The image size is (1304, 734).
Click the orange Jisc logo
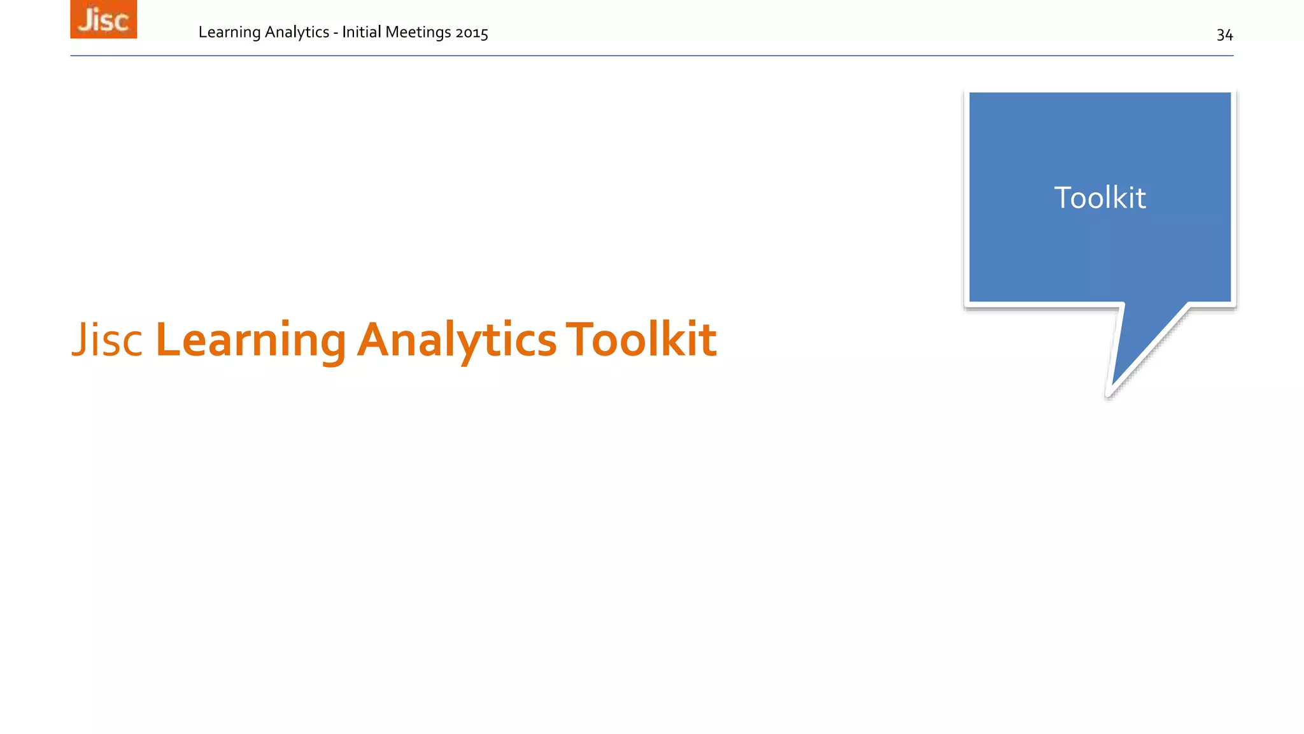(x=103, y=19)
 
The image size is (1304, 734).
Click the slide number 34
(x=1224, y=35)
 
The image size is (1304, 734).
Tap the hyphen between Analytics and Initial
(x=336, y=33)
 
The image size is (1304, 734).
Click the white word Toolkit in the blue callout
(x=1100, y=198)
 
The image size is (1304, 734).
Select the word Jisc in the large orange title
(x=107, y=340)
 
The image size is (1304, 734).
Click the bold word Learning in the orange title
(x=250, y=340)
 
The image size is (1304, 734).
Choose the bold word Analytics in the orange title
(x=457, y=340)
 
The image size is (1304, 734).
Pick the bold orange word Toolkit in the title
(x=641, y=340)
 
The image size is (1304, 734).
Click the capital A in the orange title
(x=373, y=340)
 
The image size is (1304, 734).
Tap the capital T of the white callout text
(x=1064, y=198)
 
